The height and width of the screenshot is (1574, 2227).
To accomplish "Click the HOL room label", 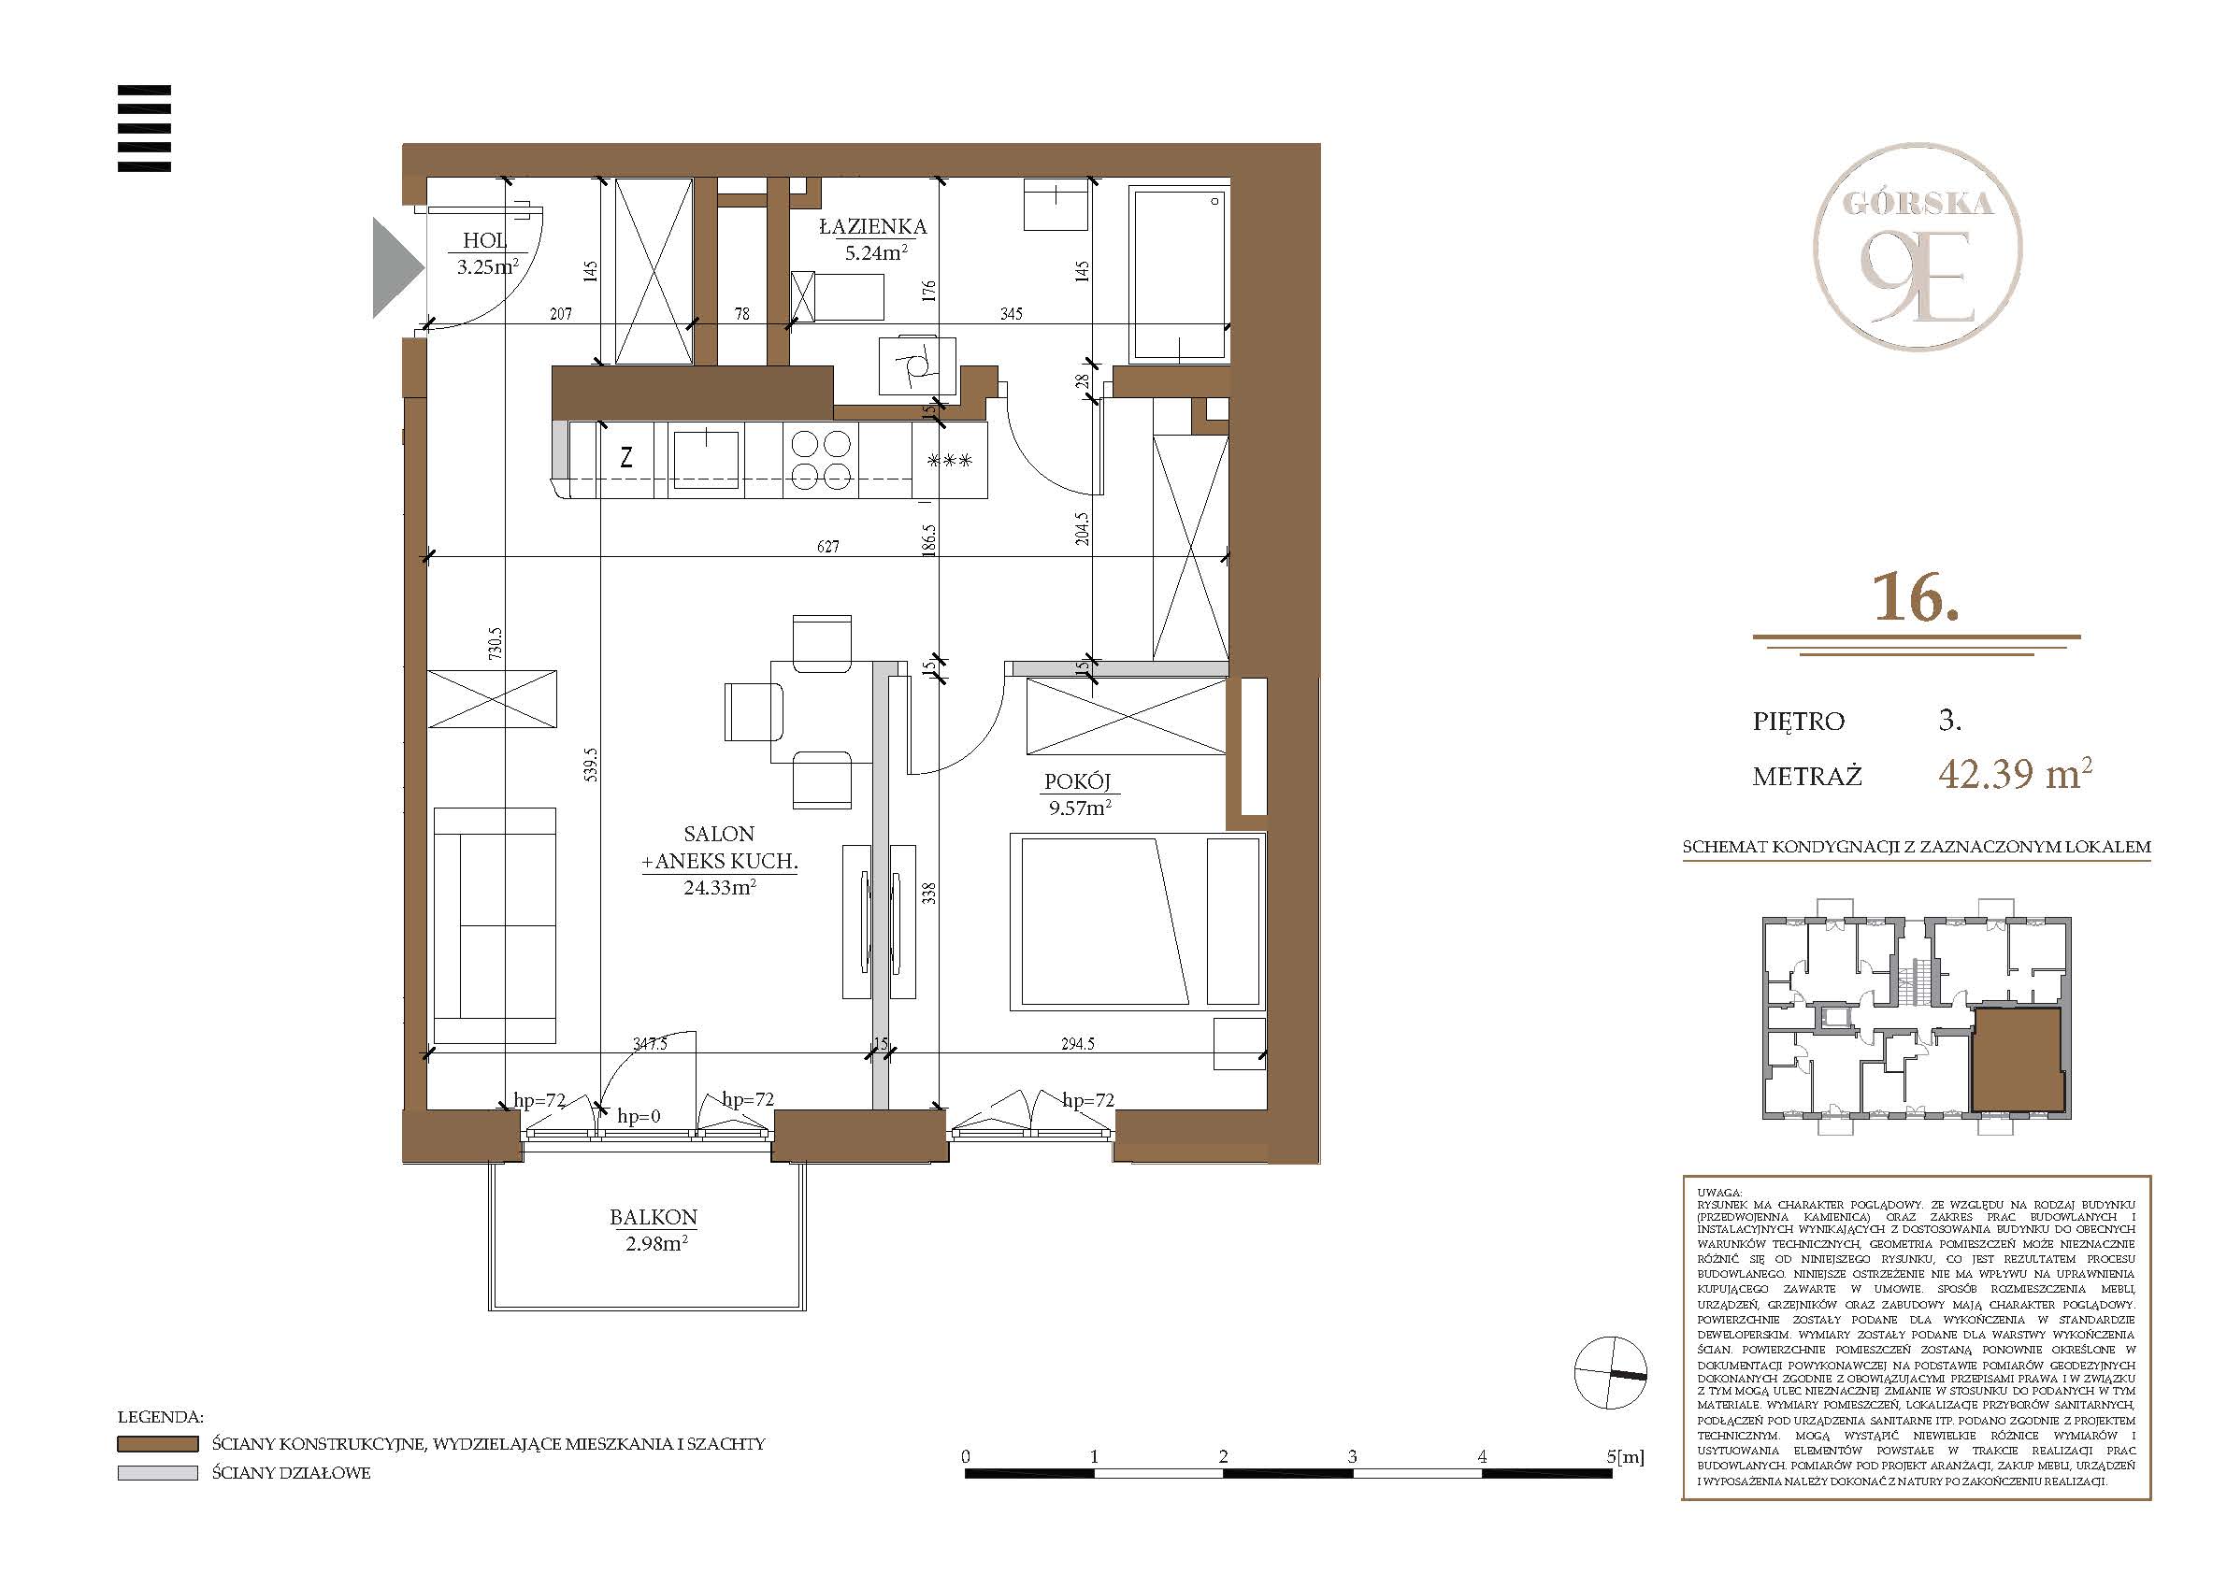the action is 485,240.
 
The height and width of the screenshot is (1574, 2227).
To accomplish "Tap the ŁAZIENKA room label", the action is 873,227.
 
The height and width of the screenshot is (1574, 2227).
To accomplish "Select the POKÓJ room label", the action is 1078,781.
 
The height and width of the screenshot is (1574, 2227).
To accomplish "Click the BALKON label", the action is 654,1218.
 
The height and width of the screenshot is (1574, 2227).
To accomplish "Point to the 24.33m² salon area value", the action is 720,887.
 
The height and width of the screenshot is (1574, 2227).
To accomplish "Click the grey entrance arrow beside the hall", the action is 397,267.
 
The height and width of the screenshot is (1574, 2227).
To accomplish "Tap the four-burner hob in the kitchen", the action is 822,460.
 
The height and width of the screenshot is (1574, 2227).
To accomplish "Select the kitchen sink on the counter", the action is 706,458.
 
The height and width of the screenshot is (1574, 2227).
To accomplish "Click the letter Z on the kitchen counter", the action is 626,458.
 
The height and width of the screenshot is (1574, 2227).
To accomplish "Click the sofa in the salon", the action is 495,925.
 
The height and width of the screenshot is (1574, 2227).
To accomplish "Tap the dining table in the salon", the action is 821,712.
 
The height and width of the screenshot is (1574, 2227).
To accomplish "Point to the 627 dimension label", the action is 827,547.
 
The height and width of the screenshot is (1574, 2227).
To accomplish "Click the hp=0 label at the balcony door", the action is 639,1117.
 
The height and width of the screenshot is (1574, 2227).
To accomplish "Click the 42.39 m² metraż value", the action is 2016,775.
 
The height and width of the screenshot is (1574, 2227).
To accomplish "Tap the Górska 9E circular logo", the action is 1918,248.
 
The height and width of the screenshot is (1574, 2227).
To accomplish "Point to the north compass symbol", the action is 1610,1372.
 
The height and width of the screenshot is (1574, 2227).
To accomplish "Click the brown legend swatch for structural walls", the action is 157,1444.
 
